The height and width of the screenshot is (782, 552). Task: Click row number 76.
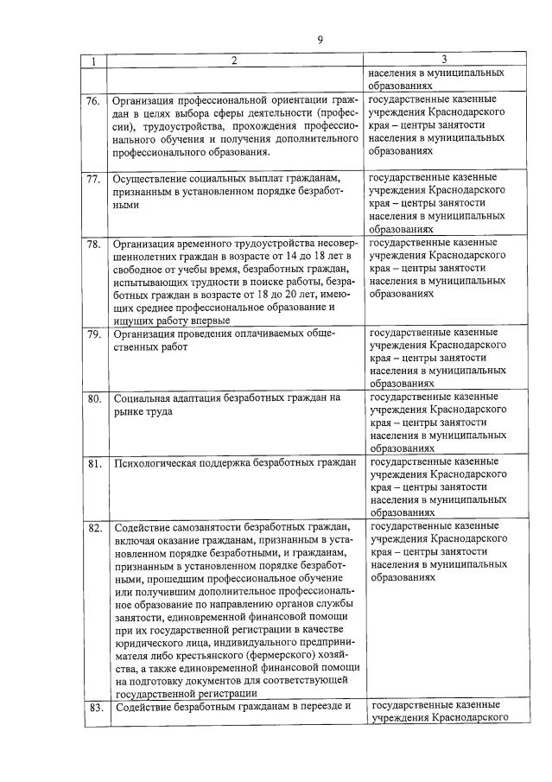coord(93,100)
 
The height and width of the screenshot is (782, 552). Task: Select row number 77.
coord(93,180)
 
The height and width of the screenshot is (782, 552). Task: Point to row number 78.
coord(93,245)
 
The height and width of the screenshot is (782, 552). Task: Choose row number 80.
coord(93,399)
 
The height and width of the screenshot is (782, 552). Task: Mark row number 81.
coord(93,464)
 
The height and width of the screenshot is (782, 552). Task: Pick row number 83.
coord(93,709)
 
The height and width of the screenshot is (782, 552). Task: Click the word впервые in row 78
coord(211,321)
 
